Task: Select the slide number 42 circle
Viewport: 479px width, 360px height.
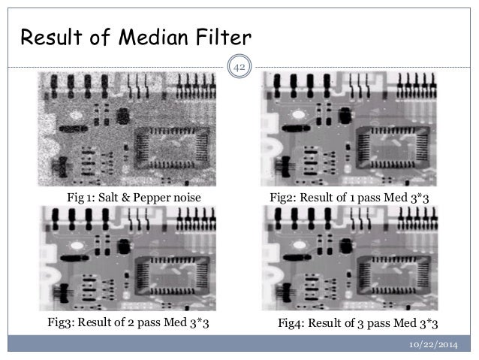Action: click(x=240, y=69)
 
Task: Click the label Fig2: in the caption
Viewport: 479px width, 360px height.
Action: click(x=284, y=197)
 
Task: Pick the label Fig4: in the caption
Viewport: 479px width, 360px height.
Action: click(x=294, y=322)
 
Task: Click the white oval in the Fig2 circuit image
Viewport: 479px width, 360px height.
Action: click(x=300, y=115)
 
